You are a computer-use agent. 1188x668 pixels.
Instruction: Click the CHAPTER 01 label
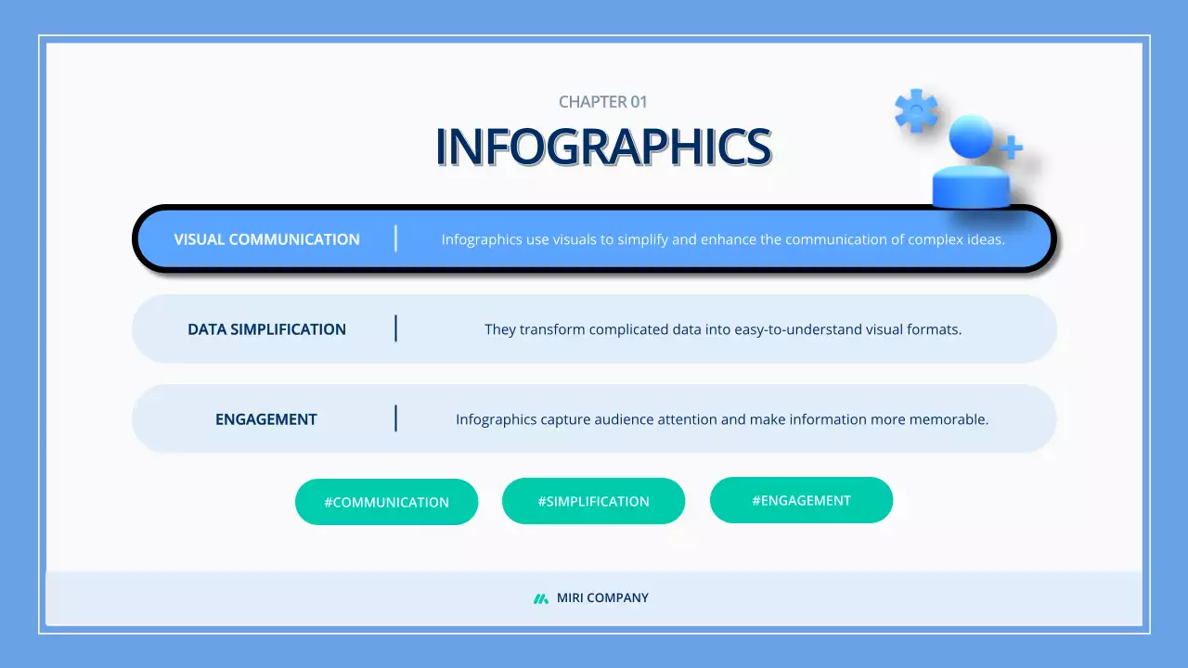point(602,102)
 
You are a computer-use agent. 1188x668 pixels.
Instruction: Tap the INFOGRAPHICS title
point(603,147)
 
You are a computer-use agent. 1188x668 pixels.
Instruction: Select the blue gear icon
point(916,110)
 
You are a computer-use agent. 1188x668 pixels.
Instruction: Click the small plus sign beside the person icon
point(1011,147)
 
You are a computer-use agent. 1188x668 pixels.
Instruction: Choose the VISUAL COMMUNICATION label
point(266,239)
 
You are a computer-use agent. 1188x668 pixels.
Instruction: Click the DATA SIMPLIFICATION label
point(266,329)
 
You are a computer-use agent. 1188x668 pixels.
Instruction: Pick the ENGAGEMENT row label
point(266,419)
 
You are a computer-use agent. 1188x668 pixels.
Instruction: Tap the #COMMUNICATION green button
point(386,502)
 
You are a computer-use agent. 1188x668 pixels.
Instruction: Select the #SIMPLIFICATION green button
point(593,501)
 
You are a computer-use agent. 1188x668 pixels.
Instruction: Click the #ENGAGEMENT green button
point(801,500)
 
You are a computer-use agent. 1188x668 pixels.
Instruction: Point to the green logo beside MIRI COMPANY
point(541,598)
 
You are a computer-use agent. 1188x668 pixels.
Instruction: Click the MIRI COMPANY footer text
point(602,598)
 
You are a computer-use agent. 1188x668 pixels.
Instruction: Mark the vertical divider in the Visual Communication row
point(395,238)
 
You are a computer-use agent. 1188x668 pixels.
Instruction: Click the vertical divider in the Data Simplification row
point(395,328)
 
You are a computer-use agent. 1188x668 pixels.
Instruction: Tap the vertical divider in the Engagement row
point(395,418)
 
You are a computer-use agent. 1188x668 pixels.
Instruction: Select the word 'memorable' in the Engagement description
point(953,419)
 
